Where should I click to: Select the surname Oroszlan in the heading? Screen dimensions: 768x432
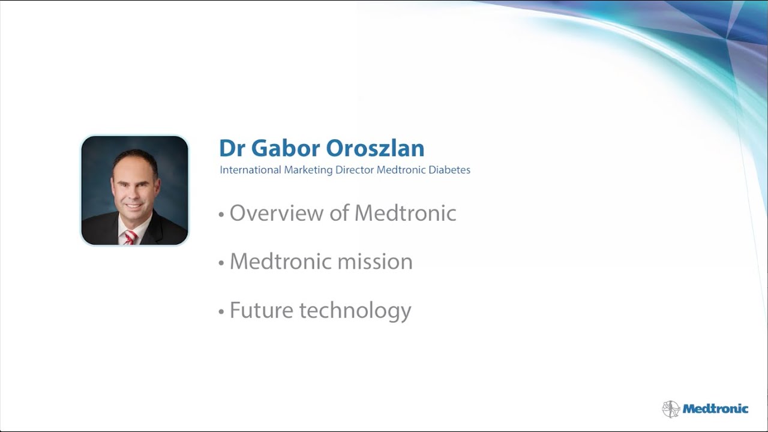point(375,148)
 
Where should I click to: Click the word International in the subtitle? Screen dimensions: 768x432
point(250,170)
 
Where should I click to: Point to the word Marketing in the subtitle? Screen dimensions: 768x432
point(308,170)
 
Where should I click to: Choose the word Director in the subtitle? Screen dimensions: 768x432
point(355,170)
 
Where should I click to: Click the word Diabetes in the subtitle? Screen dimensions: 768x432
point(449,170)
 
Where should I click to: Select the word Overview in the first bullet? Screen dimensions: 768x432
point(277,213)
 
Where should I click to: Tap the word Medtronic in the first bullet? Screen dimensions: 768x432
point(405,213)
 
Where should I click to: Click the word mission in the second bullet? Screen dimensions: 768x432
point(375,262)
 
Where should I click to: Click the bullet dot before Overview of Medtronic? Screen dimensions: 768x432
point(221,215)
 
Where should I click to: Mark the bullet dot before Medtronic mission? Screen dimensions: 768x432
point(221,263)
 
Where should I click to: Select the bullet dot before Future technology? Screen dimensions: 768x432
point(221,312)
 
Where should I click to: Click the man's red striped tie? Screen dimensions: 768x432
point(130,237)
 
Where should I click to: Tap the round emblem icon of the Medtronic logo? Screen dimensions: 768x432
point(671,409)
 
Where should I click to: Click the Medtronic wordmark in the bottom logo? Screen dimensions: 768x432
point(716,409)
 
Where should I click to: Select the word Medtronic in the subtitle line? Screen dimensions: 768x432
point(401,170)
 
